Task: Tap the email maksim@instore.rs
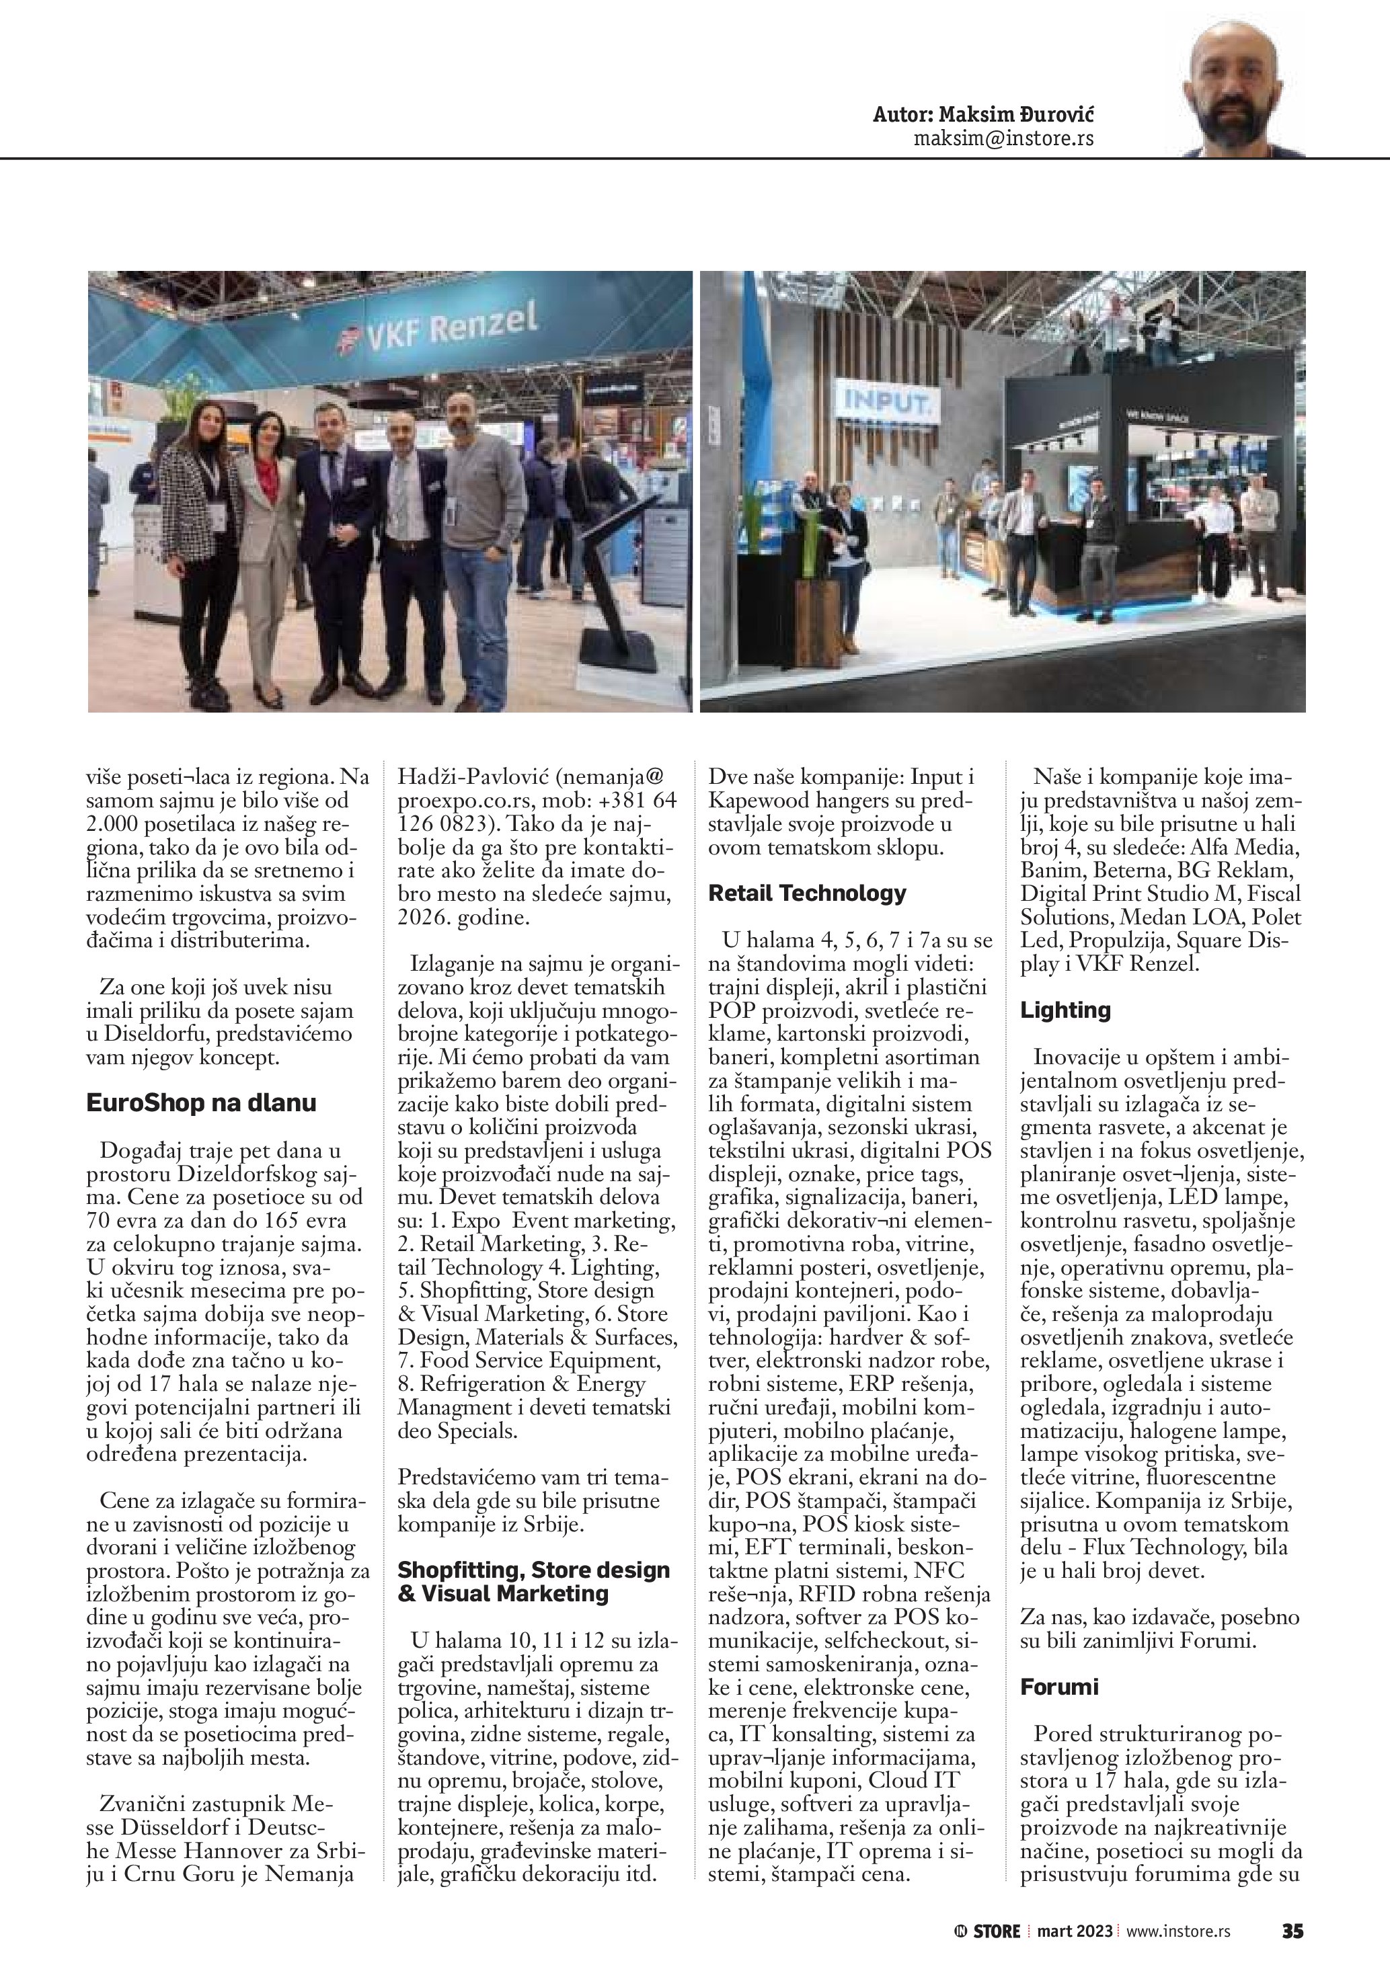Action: [1003, 138]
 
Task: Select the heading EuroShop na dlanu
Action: [201, 1102]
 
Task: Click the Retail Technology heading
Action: [806, 893]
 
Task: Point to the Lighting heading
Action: [1065, 1010]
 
